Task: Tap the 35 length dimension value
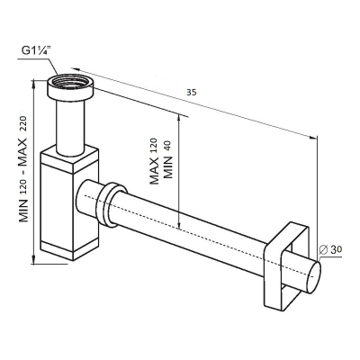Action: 192,93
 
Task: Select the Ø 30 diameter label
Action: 330,249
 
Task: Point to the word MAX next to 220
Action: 23,152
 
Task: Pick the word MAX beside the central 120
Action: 154,171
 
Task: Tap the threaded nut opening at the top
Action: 71,83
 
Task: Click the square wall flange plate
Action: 286,248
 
